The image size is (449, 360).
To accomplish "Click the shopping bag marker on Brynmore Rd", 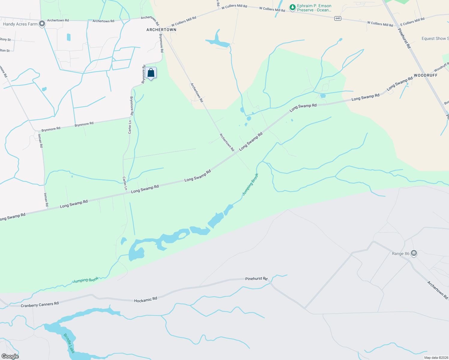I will coord(151,73).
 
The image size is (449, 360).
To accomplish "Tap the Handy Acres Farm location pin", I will coord(42,23).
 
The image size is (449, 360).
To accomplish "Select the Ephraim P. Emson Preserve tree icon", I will coord(292,7).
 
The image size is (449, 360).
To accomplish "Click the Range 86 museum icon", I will coord(414,253).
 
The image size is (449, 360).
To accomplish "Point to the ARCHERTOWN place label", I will coord(161,30).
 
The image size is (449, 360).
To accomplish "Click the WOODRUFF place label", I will coord(426,75).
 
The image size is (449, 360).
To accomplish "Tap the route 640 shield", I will coord(338,18).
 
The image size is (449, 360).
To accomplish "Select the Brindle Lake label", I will coord(69,343).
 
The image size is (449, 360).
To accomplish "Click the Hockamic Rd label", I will coord(146,300).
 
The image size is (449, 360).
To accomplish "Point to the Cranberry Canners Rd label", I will coord(40,304).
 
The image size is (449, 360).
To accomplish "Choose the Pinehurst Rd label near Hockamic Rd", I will coord(256,279).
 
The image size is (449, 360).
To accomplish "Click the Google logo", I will coord(10,356).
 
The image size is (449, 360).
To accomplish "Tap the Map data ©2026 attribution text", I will coord(435,358).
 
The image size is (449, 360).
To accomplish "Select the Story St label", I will coord(5,39).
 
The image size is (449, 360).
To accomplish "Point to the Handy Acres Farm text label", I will coord(20,24).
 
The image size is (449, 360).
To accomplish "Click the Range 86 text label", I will coord(400,253).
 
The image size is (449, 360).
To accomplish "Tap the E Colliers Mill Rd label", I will coord(412,21).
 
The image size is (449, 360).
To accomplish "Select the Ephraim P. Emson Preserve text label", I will coord(314,8).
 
